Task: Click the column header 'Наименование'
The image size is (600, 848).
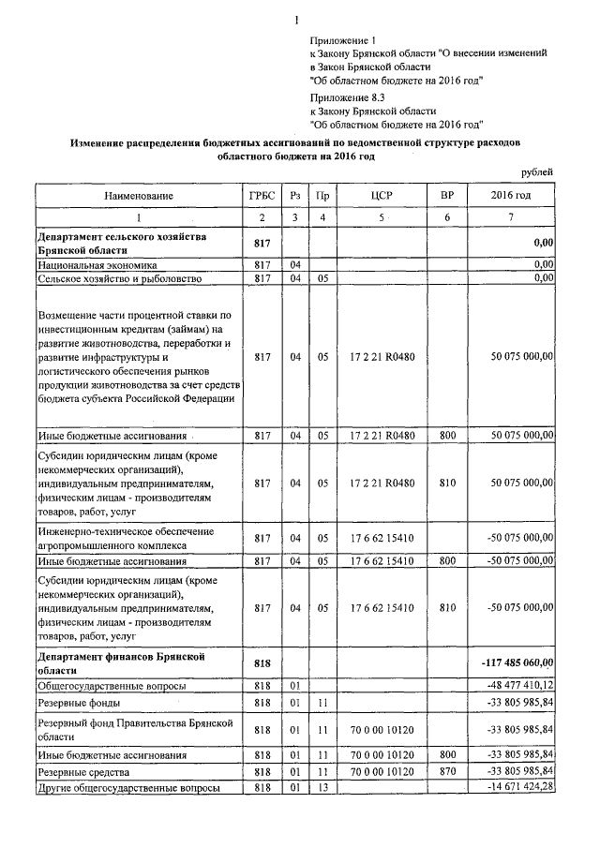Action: [x=139, y=195]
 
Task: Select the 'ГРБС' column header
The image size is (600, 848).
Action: [x=262, y=195]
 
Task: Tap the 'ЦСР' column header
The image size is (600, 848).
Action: [x=381, y=195]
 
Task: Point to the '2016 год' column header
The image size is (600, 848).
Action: [x=511, y=195]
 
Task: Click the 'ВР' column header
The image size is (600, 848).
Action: [x=447, y=195]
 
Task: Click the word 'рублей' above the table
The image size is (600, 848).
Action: [x=537, y=171]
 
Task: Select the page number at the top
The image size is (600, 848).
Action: [x=295, y=21]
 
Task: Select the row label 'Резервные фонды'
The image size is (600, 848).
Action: [x=77, y=703]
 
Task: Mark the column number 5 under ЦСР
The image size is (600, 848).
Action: [x=381, y=217]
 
